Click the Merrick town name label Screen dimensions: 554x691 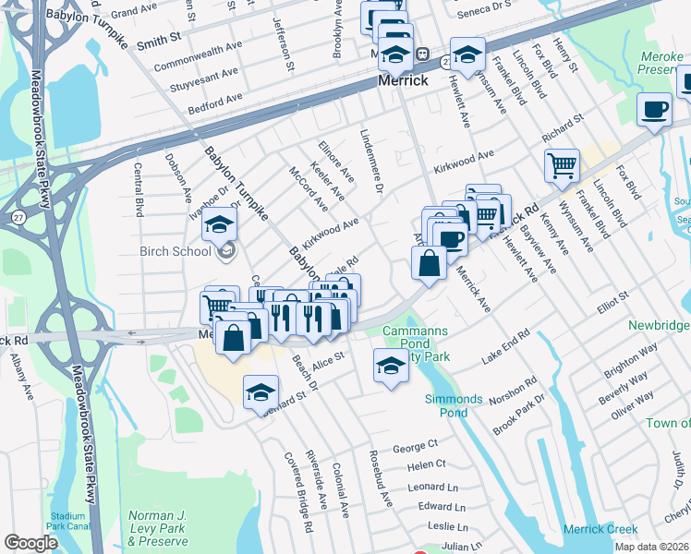point(404,81)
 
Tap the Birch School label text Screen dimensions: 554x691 point(176,251)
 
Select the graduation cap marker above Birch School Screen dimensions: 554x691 point(220,225)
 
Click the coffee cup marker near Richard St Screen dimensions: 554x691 point(655,110)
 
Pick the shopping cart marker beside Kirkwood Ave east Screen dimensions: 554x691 point(562,167)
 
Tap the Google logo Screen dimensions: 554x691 point(30,543)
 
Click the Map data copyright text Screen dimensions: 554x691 point(651,547)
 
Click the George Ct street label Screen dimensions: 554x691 point(414,447)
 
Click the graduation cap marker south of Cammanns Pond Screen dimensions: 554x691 point(391,367)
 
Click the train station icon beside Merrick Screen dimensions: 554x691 point(421,54)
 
